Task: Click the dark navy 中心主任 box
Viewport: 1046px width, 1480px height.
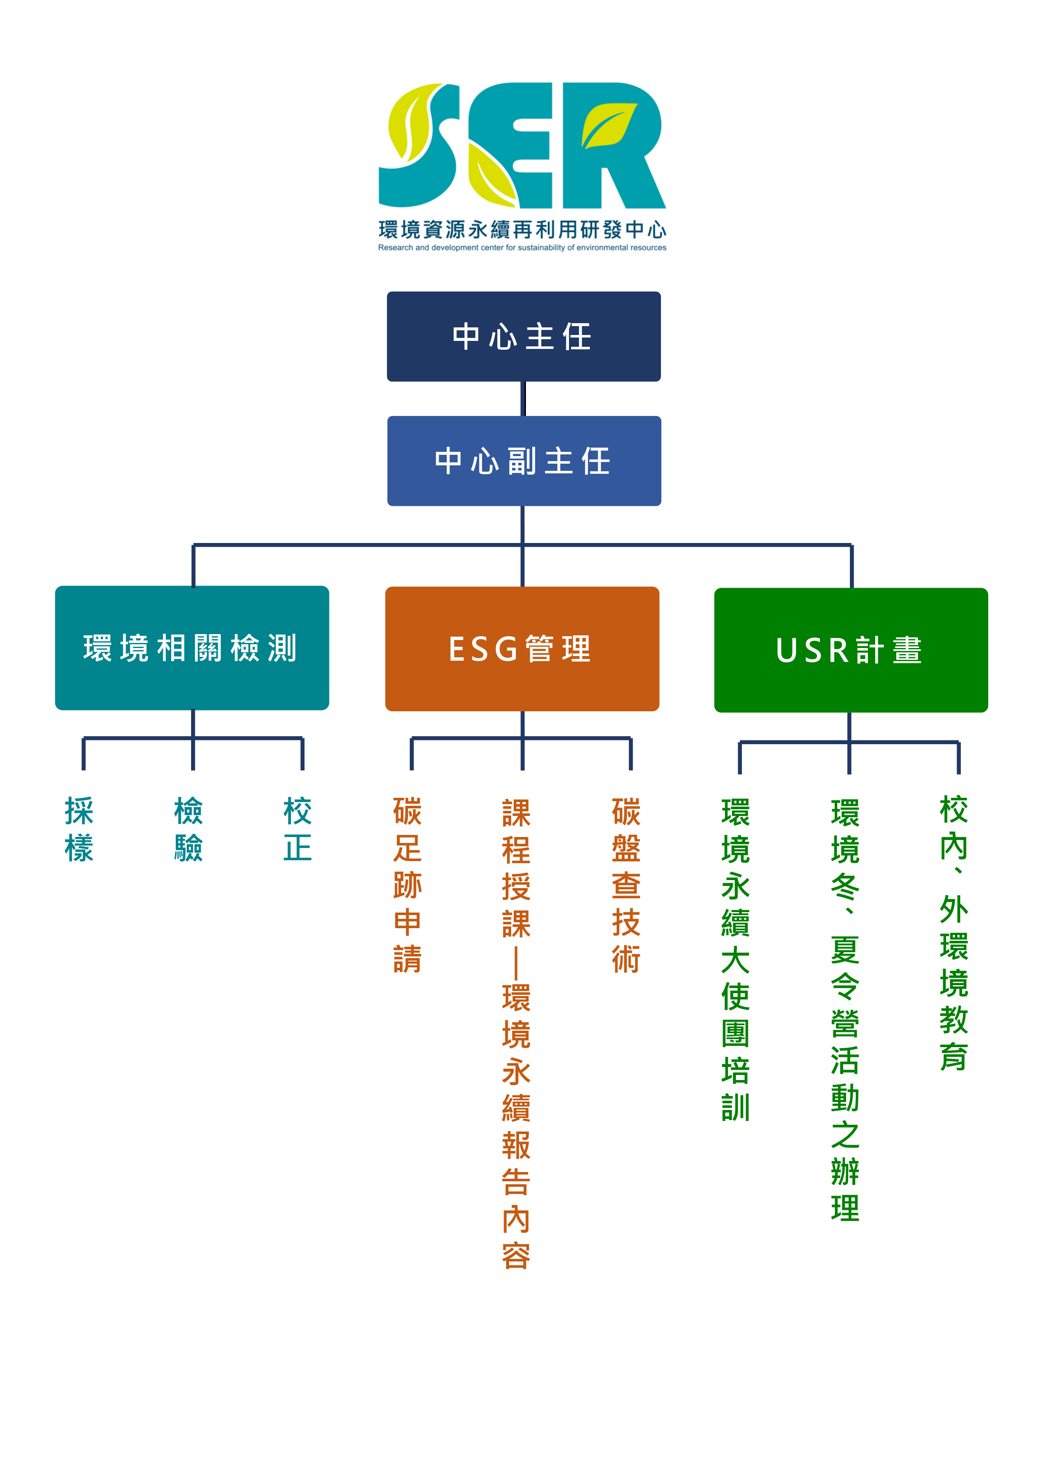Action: pos(523,337)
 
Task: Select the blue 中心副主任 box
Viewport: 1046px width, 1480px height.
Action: pos(523,461)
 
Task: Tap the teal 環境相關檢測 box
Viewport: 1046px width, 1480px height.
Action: pos(192,648)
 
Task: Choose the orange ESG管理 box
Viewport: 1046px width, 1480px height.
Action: pos(522,648)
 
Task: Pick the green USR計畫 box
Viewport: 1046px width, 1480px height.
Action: pos(851,650)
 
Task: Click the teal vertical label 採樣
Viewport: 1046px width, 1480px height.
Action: pos(79,829)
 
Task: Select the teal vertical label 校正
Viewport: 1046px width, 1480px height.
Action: pos(298,829)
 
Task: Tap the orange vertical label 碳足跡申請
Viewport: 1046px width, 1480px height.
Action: pos(407,884)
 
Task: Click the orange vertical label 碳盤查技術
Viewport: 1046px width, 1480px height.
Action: pos(626,884)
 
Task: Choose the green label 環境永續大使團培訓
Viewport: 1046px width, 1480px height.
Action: pos(735,959)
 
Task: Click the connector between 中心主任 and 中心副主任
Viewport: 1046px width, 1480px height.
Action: pos(523,398)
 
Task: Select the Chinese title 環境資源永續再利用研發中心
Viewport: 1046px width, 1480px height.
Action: pos(522,230)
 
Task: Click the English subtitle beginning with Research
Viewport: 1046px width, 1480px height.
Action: pos(522,248)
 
